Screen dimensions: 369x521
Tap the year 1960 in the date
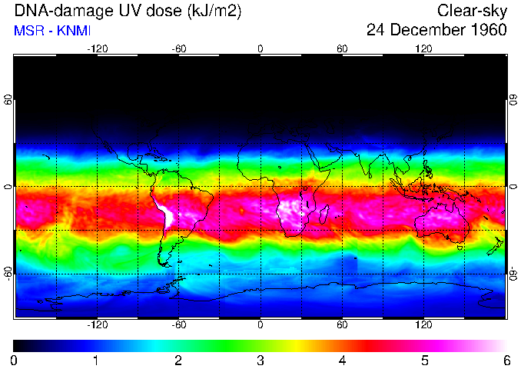point(487,31)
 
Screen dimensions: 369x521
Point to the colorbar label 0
point(15,360)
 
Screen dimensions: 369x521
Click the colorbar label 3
point(260,360)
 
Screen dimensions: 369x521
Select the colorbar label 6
point(506,360)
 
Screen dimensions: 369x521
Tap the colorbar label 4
point(342,360)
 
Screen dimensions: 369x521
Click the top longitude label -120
point(97,49)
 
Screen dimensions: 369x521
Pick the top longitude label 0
point(260,49)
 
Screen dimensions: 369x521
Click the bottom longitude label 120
point(424,324)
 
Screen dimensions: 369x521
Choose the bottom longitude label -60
point(178,324)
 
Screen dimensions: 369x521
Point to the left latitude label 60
point(8,100)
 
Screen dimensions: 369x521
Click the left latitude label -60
point(8,273)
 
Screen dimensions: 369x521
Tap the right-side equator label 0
point(513,187)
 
